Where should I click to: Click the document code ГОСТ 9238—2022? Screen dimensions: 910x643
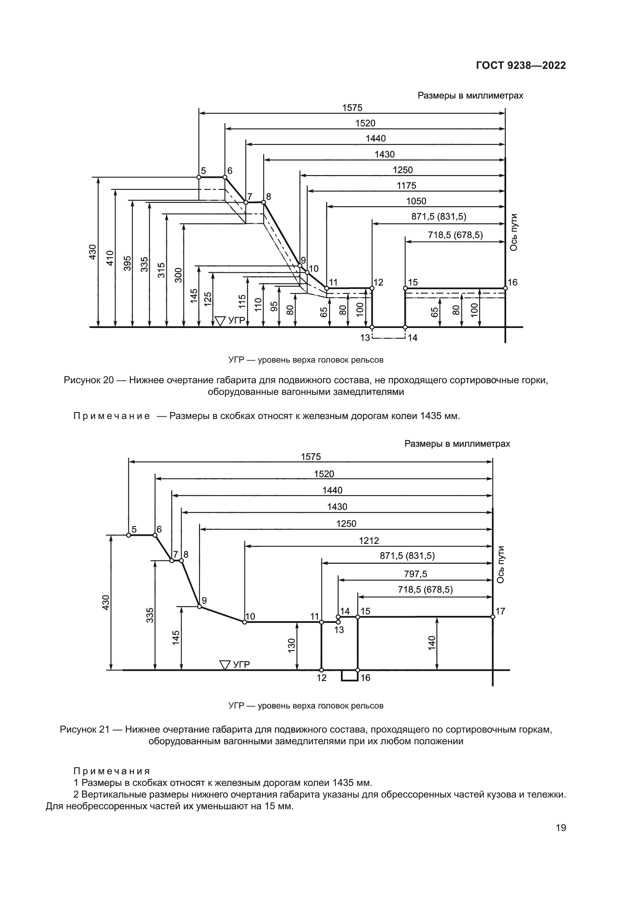521,66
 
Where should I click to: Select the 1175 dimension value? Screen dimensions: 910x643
406,186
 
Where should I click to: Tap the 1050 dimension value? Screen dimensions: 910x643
416,202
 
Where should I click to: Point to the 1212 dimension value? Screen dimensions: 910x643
369,541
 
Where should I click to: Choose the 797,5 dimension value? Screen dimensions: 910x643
415,574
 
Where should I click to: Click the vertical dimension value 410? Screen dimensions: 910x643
110,258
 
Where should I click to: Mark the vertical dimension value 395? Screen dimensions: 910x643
128,263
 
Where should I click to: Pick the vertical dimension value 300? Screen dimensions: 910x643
178,275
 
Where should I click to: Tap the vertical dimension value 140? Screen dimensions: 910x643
432,643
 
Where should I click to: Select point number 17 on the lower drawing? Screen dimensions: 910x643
500,611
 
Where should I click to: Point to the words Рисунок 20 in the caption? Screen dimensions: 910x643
89,380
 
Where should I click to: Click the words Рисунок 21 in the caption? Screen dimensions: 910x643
85,729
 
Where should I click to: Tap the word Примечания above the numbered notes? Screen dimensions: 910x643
112,771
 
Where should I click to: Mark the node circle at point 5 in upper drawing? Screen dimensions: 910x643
199,177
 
